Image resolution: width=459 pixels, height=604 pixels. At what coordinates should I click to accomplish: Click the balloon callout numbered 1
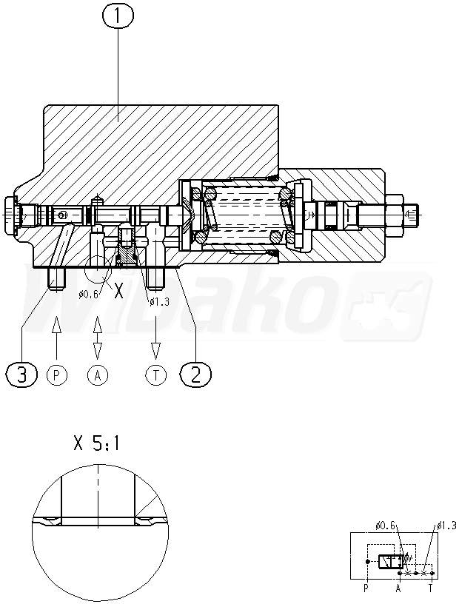pyautogui.click(x=118, y=16)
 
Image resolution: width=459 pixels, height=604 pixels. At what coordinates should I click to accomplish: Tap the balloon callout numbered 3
pyautogui.click(x=22, y=374)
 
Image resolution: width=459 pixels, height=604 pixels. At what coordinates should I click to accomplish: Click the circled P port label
pyautogui.click(x=57, y=375)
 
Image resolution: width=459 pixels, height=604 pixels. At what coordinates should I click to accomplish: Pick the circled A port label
pyautogui.click(x=98, y=375)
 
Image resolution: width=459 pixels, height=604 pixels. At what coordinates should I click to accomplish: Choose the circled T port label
pyautogui.click(x=156, y=375)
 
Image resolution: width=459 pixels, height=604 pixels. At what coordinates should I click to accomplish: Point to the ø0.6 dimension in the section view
pyautogui.click(x=89, y=295)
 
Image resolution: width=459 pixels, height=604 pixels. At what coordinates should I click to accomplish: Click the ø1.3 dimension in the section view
pyautogui.click(x=159, y=301)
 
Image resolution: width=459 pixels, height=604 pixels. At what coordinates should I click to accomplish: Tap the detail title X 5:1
pyautogui.click(x=97, y=443)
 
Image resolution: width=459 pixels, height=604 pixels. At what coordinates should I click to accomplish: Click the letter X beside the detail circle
pyautogui.click(x=118, y=292)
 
